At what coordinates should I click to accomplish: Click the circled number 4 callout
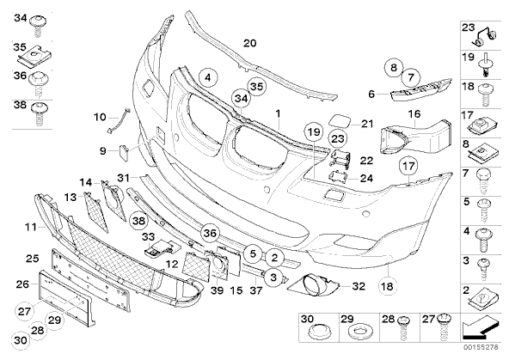[x=208, y=78]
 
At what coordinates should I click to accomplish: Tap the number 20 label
[x=250, y=43]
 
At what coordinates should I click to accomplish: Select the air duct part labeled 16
[x=416, y=137]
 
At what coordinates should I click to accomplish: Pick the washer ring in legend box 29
[x=359, y=331]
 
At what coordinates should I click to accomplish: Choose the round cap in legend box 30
[x=318, y=332]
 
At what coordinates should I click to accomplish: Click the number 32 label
[x=359, y=286]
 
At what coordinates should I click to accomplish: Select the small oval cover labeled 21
[x=340, y=121]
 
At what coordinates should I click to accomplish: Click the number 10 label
[x=100, y=117]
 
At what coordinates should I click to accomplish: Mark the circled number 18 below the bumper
[x=388, y=286]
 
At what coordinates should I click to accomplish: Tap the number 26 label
[x=22, y=284]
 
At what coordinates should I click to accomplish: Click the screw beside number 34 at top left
[x=39, y=27]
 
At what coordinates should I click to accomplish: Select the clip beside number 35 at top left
[x=35, y=57]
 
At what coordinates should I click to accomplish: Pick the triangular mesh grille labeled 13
[x=96, y=211]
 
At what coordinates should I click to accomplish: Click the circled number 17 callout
[x=408, y=166]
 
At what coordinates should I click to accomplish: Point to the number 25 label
[x=33, y=259]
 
